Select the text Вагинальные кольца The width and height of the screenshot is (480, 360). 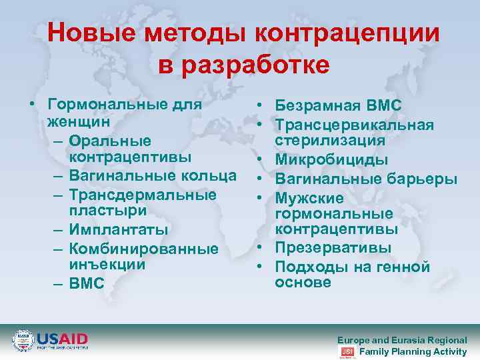[x=152, y=176]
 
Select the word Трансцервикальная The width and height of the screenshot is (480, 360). [x=355, y=125]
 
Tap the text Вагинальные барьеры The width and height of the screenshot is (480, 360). [x=366, y=179]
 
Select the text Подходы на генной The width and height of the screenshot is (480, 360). [x=352, y=267]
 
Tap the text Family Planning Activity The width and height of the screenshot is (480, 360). [x=413, y=351]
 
